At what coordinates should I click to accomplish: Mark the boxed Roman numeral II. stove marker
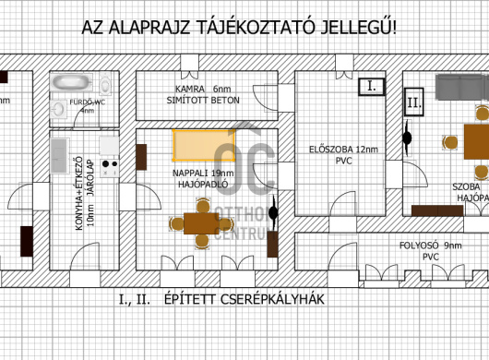tap(413, 103)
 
